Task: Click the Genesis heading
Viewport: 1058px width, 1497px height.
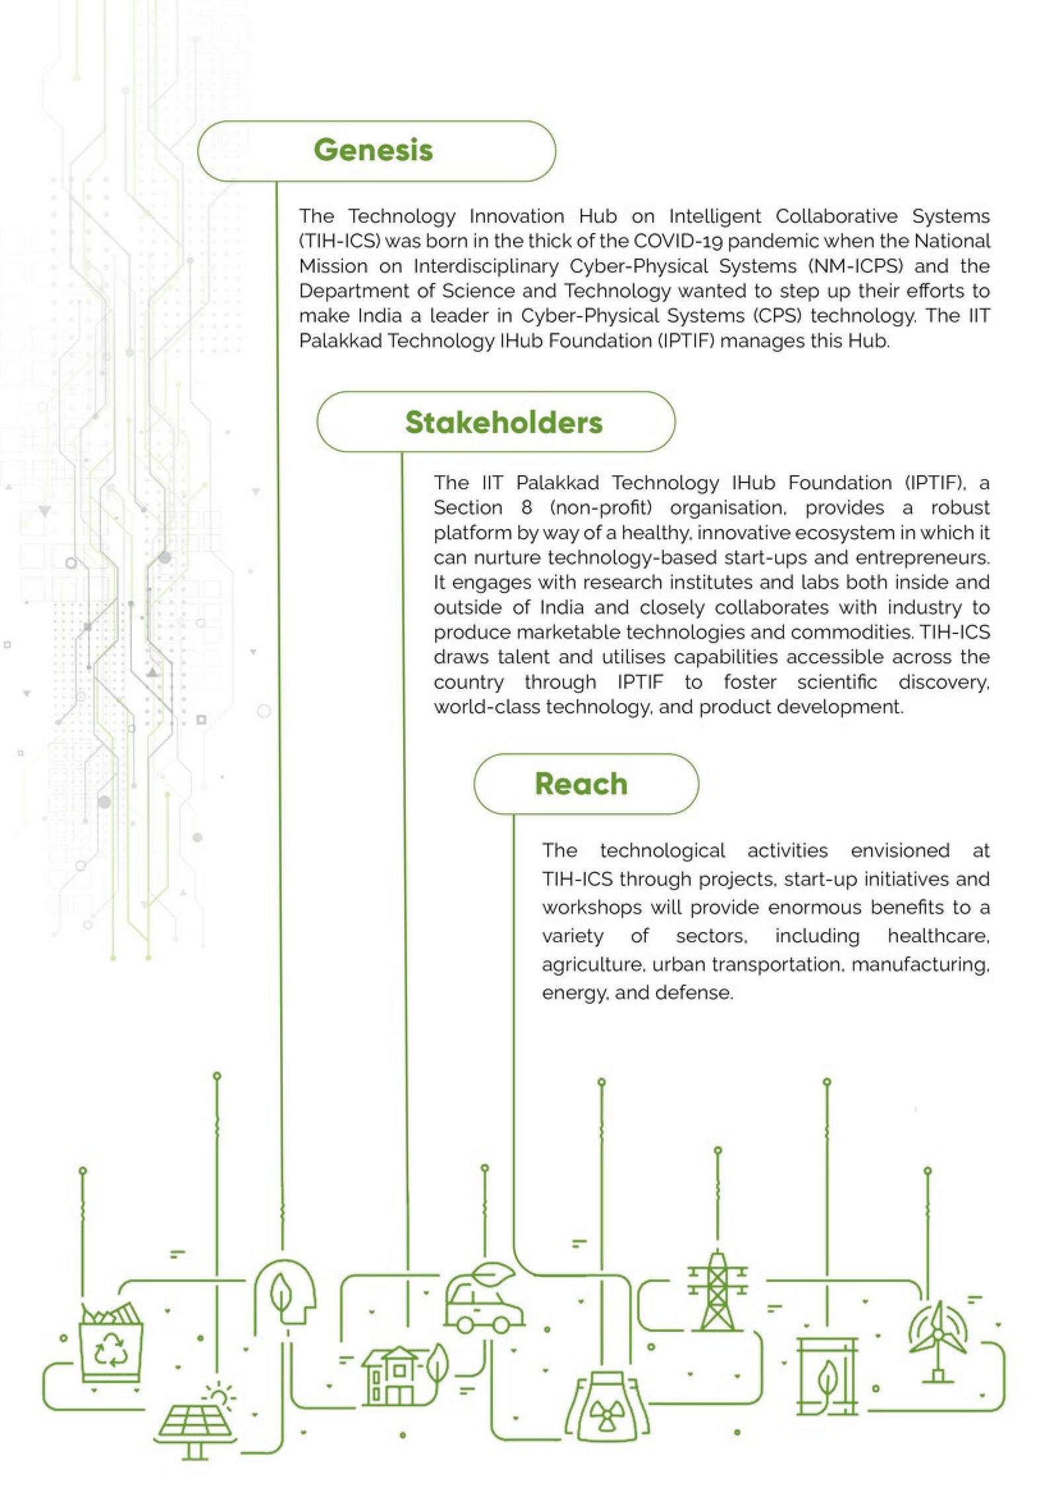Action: tap(373, 150)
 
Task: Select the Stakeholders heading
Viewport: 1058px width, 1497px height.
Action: tap(503, 423)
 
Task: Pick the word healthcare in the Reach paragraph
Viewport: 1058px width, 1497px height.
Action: tap(938, 936)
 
